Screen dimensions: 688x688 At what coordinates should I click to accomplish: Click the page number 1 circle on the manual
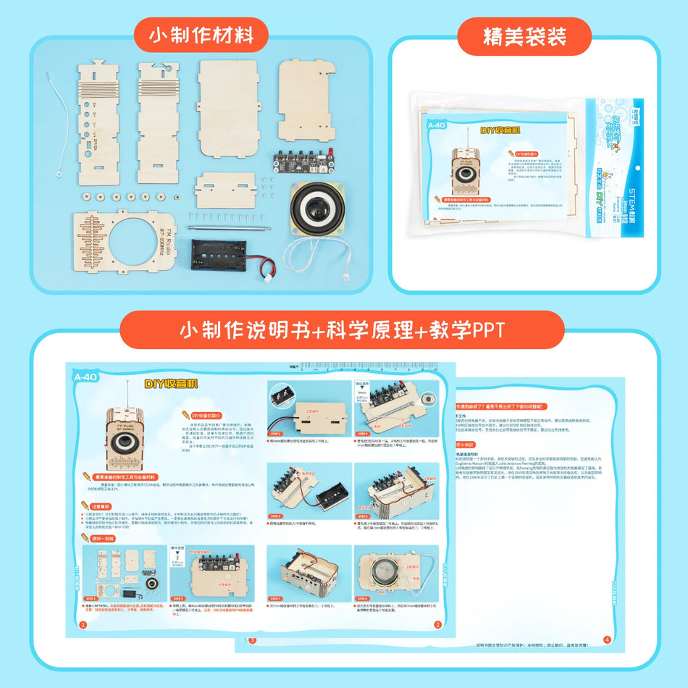coord(83,624)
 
